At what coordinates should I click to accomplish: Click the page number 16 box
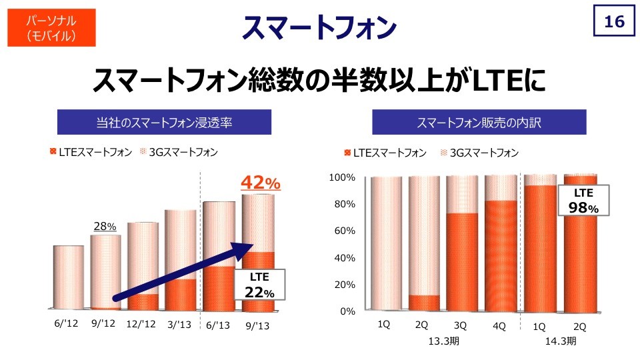point(613,23)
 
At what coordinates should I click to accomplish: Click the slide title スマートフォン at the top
point(319,27)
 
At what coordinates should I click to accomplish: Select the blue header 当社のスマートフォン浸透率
point(164,122)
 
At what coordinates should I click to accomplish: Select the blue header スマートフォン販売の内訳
point(479,122)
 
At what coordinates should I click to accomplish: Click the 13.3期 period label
point(442,341)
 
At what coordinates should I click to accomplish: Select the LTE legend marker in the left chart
point(53,152)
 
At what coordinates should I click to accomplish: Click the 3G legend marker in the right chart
point(444,153)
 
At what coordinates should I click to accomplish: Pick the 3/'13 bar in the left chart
point(180,260)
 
